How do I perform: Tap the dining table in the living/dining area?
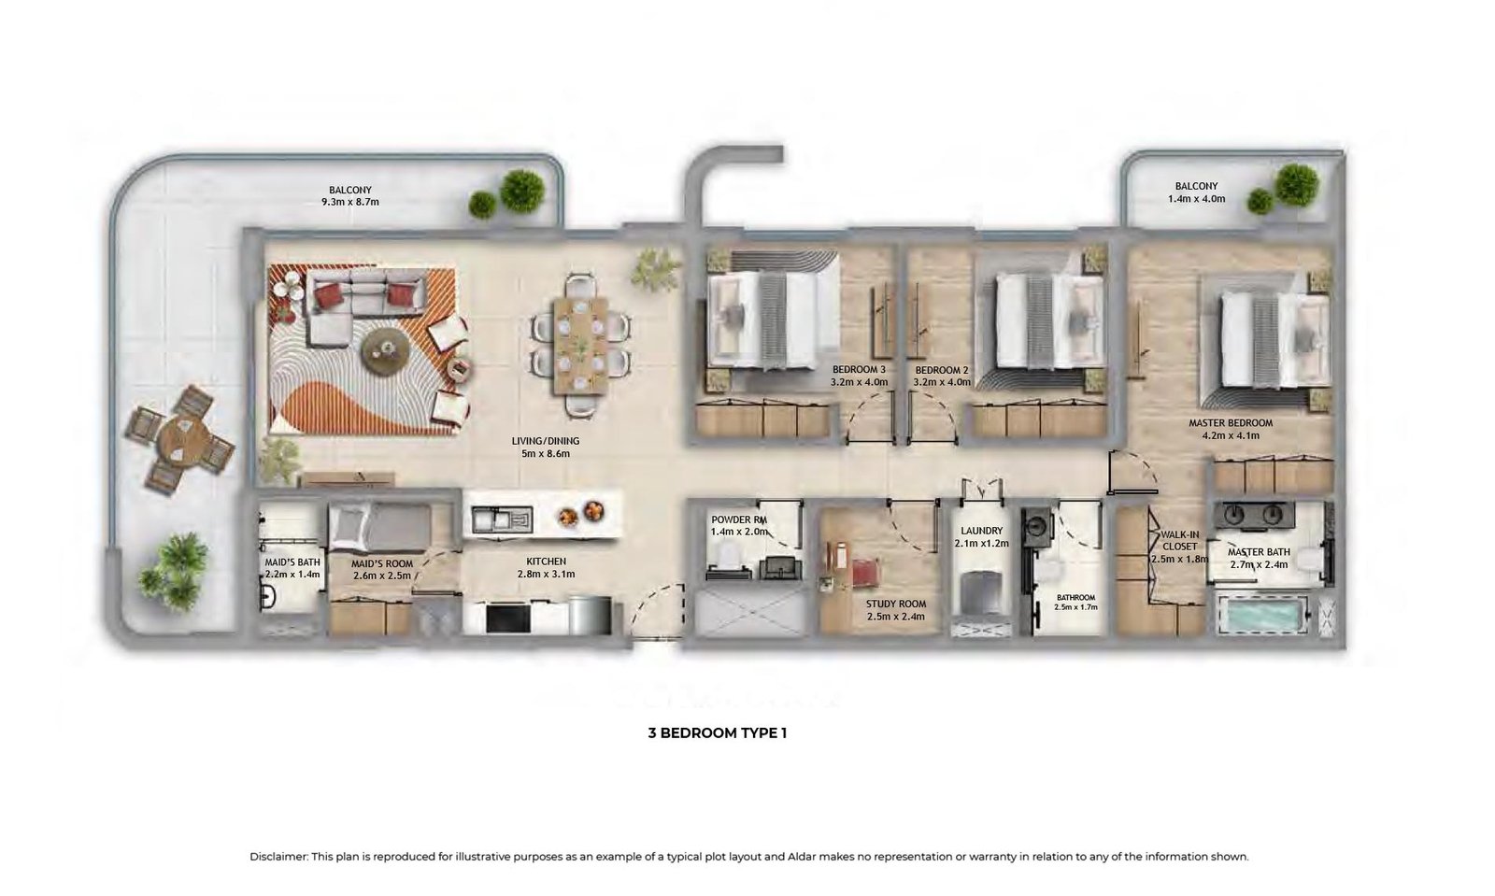[x=580, y=346]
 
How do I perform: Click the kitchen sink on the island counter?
[x=502, y=519]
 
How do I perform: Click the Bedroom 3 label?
[x=859, y=370]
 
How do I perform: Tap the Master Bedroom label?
[x=1231, y=423]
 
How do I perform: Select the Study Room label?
[x=896, y=604]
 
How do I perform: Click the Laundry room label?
[x=982, y=531]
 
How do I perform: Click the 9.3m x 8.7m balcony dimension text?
[x=350, y=202]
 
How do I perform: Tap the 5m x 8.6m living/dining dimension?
[x=546, y=454]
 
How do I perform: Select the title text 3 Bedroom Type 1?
[x=718, y=733]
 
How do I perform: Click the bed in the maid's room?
[x=380, y=526]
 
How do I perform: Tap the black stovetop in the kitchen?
[x=508, y=619]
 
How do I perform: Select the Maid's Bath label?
[x=292, y=562]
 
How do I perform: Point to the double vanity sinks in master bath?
[x=1254, y=515]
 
